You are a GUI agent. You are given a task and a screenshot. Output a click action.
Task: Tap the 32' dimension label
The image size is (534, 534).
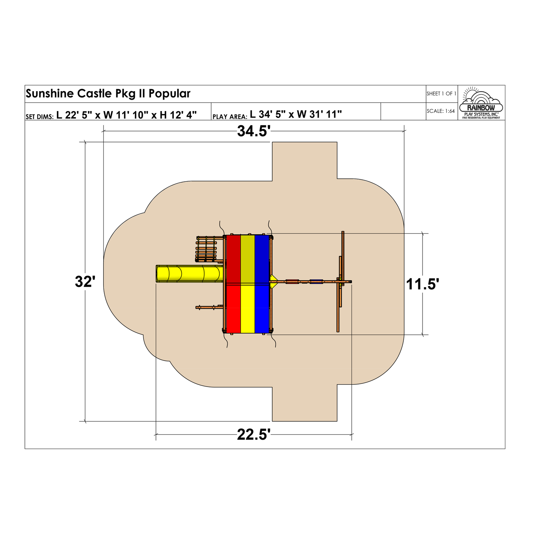(x=85, y=282)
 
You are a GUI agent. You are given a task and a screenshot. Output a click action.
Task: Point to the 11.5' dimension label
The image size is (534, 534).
(x=423, y=284)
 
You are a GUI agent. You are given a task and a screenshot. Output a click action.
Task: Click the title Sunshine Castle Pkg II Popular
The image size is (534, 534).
(x=108, y=94)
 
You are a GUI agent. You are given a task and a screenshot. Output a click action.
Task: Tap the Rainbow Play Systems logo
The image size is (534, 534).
(x=481, y=103)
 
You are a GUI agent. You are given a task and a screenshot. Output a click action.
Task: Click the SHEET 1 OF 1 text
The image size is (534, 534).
(x=441, y=94)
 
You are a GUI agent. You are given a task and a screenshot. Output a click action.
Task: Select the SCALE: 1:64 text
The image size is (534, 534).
(x=441, y=111)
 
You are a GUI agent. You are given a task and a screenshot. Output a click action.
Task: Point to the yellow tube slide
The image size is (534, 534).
(x=189, y=274)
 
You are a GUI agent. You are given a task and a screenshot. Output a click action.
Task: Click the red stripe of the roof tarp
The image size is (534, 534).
(x=233, y=284)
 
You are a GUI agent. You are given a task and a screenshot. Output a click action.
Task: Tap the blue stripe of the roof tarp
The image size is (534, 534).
(x=262, y=284)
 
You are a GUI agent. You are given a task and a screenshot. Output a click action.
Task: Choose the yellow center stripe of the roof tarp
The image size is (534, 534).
(x=248, y=284)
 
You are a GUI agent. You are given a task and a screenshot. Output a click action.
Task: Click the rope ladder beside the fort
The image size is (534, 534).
(x=206, y=249)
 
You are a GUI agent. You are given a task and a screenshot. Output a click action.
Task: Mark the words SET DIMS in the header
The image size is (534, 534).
(x=40, y=116)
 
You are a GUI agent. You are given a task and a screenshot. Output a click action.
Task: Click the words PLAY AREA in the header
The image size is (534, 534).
(x=230, y=116)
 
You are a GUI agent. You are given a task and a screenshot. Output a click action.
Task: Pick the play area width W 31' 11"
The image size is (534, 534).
(x=319, y=114)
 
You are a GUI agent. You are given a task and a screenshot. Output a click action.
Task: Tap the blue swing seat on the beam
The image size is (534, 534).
(x=316, y=282)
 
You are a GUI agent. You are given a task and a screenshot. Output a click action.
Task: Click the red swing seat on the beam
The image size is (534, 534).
(x=292, y=282)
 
